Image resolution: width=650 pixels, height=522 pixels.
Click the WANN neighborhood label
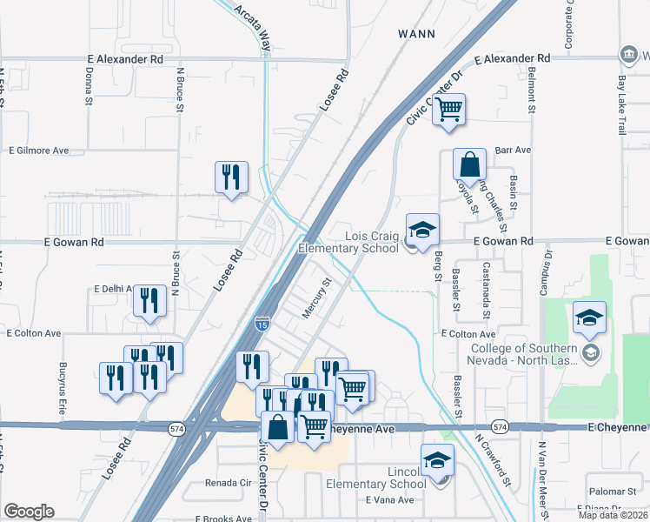[x=415, y=33]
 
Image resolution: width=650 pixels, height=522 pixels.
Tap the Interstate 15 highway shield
[x=263, y=323]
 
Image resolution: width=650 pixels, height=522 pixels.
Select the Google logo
[x=29, y=512]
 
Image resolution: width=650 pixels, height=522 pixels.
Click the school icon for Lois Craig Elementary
[x=422, y=230]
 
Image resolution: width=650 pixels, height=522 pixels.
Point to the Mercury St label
[x=316, y=298]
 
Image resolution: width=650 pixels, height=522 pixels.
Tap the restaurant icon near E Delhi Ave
[x=150, y=301]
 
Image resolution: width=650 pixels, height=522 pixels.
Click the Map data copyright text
[x=614, y=515]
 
